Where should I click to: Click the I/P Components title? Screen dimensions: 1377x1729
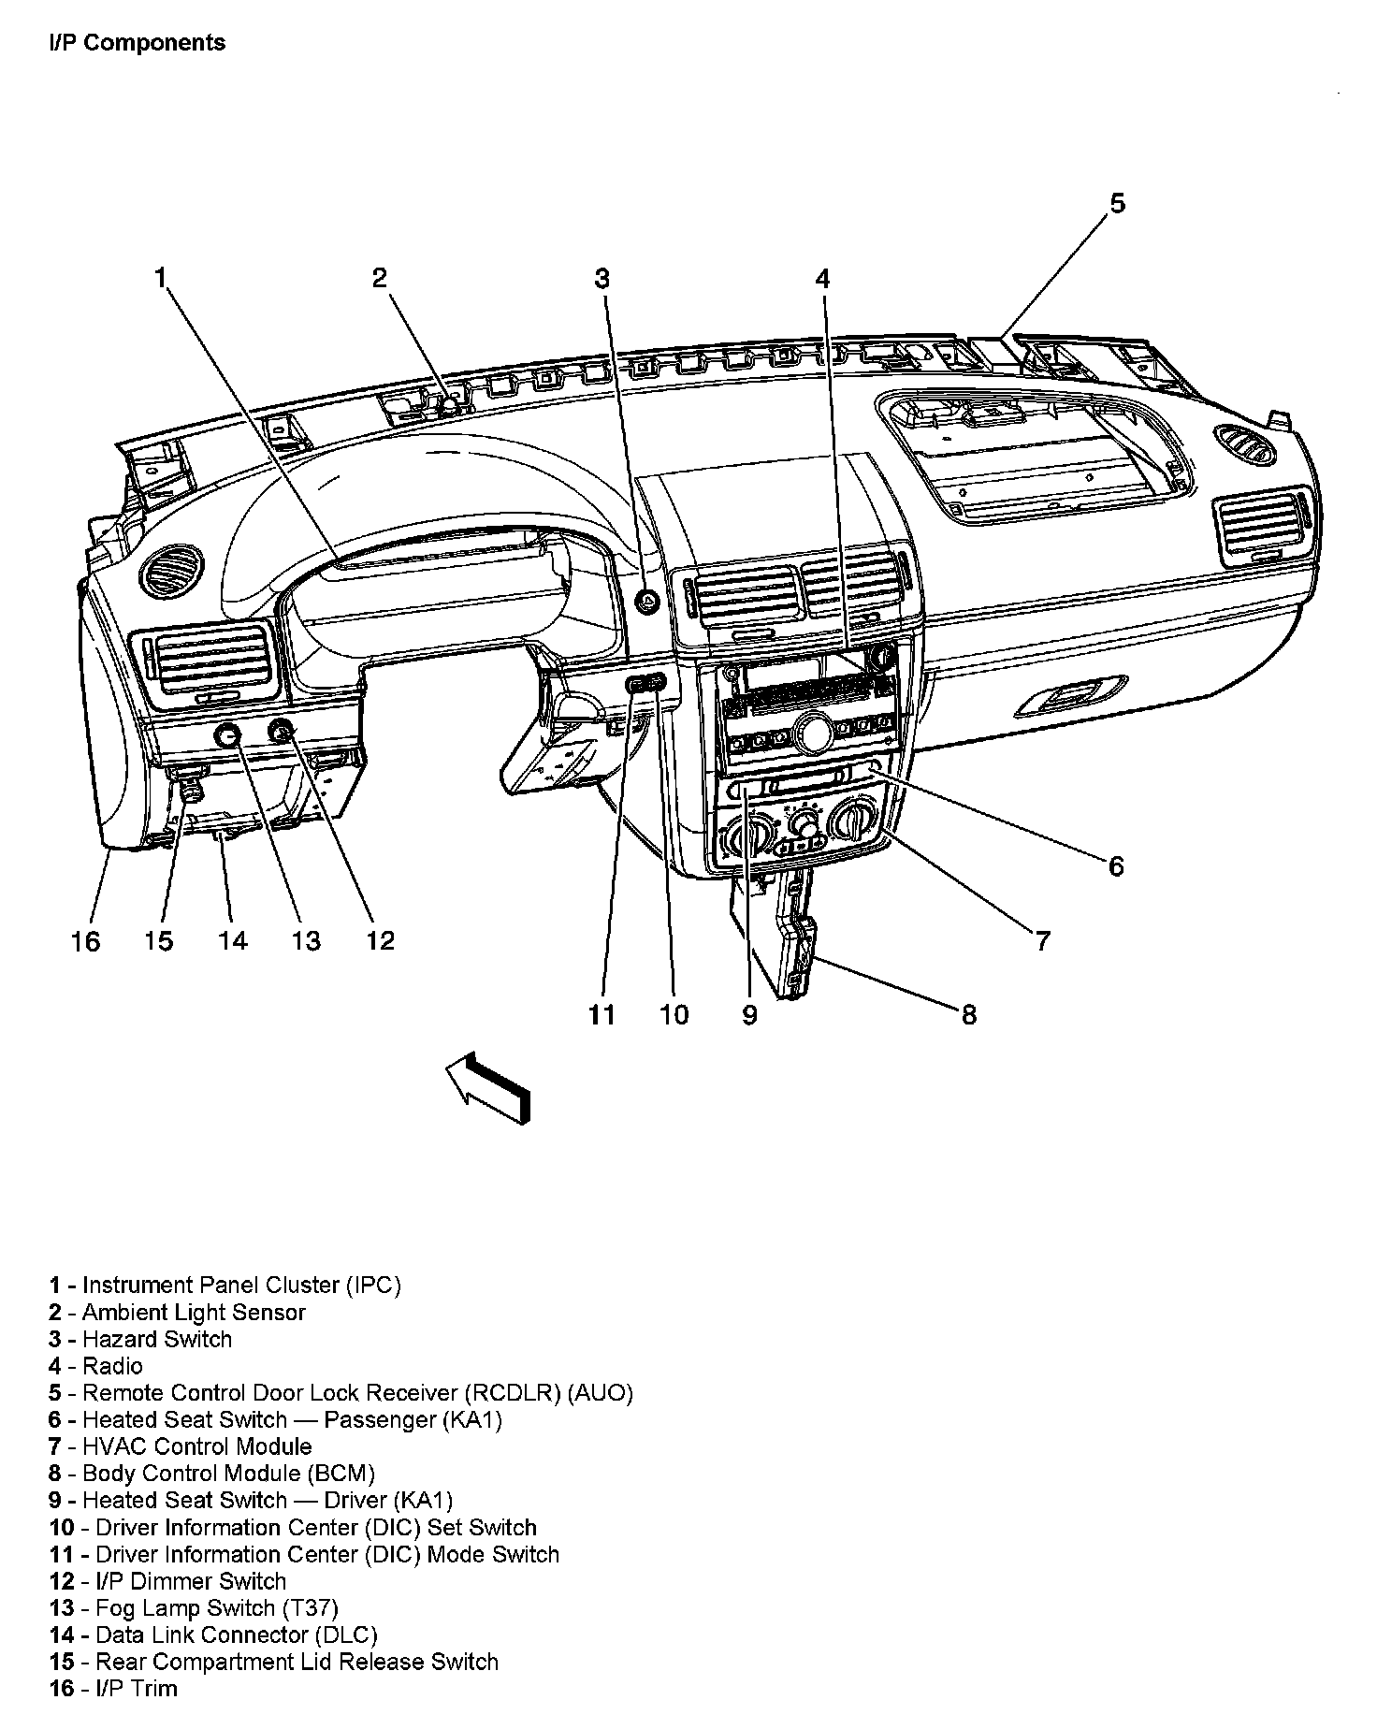(138, 43)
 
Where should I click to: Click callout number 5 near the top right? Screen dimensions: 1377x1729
(1118, 204)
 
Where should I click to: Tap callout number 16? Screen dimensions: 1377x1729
(85, 941)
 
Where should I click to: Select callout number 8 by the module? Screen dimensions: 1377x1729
(969, 1014)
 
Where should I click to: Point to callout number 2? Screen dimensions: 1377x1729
(379, 278)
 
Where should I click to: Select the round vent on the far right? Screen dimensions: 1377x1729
(1246, 444)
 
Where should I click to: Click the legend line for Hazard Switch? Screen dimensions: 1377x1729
(140, 1339)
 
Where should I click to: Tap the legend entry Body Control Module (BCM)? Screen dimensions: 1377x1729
(212, 1474)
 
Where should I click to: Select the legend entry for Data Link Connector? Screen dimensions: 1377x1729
(213, 1635)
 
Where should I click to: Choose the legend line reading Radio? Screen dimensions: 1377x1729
(96, 1366)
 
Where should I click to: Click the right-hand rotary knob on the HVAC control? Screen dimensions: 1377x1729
(853, 820)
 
